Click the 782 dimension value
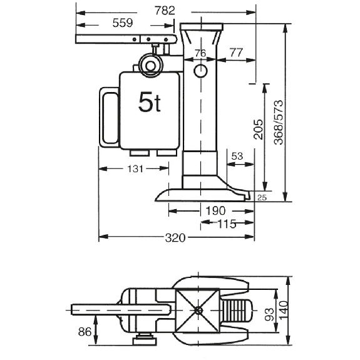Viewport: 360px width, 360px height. pyautogui.click(x=165, y=11)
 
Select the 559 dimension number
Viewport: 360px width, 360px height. pyautogui.click(x=123, y=23)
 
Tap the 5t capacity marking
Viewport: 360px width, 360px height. pyautogui.click(x=150, y=101)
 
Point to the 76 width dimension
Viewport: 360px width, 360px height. pyautogui.click(x=200, y=53)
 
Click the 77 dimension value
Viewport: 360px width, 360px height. pyautogui.click(x=236, y=53)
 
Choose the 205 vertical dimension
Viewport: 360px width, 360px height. pyautogui.click(x=258, y=129)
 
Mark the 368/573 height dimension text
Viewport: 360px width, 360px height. pyautogui.click(x=279, y=122)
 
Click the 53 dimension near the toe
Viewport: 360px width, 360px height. pyautogui.click(x=237, y=156)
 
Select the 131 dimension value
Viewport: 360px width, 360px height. pyautogui.click(x=135, y=169)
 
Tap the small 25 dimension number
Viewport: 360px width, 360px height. pyautogui.click(x=262, y=197)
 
